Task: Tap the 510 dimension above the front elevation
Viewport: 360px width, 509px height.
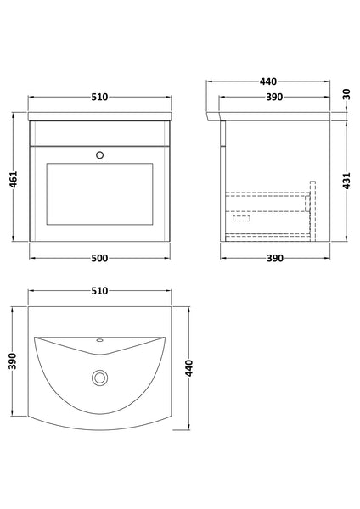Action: (x=100, y=96)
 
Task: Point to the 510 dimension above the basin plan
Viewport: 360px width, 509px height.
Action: (x=100, y=291)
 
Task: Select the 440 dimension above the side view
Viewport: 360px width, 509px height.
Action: (x=268, y=81)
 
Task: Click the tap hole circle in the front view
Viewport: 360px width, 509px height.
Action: (x=100, y=155)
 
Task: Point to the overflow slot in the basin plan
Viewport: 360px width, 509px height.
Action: (x=100, y=341)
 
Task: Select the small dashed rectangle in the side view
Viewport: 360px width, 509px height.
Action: (x=242, y=218)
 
